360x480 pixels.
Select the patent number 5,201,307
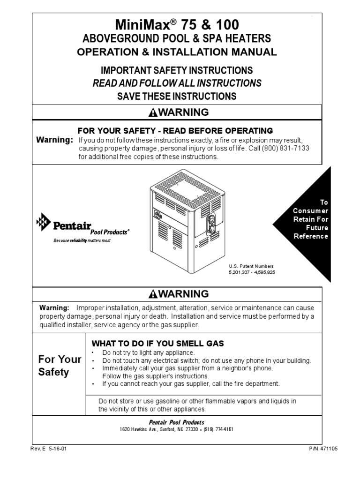(x=240, y=272)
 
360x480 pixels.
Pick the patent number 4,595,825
(x=264, y=272)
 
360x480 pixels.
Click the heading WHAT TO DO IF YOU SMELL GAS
(x=157, y=344)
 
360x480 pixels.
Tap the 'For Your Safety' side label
(x=60, y=366)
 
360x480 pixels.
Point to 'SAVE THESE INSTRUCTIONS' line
(x=176, y=97)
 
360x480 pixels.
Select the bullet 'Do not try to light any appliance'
(x=148, y=352)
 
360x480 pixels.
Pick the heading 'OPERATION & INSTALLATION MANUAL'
(x=176, y=52)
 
